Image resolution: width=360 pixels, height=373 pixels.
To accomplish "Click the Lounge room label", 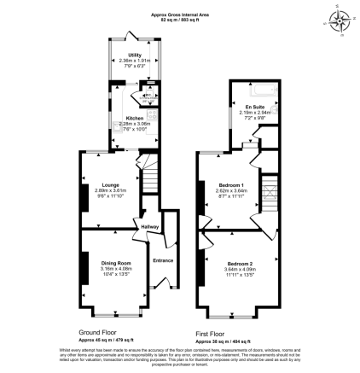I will [110, 184].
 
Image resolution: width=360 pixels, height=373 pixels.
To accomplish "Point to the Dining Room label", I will [115, 262].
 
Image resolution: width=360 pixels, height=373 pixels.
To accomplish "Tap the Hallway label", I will [150, 226].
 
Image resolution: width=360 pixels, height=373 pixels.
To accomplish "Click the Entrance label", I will [162, 259].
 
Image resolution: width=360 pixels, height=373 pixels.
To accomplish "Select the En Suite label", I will [254, 106].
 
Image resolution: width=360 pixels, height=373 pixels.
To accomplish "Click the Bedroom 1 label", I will [230, 185].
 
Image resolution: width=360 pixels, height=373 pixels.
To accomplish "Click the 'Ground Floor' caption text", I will [96, 332].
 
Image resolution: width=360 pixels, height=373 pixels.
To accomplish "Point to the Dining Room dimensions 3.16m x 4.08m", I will [115, 270].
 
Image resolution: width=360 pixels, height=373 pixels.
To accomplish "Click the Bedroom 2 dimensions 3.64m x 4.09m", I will [241, 270].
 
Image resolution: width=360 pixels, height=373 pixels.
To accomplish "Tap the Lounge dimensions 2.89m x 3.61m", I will [110, 190].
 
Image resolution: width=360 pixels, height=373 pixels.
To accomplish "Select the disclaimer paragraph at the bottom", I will [180, 357].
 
